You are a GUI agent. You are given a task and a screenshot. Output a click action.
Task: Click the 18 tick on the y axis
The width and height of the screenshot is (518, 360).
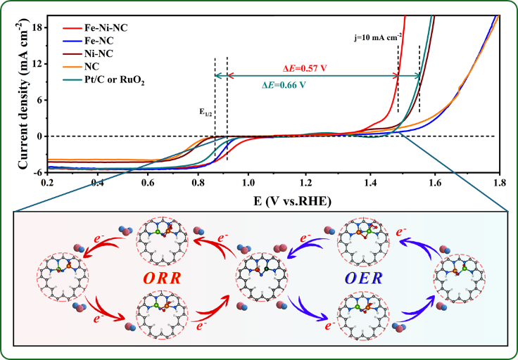[39, 27]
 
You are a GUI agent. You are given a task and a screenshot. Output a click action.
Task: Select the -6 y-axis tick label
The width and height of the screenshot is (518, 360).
[39, 172]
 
